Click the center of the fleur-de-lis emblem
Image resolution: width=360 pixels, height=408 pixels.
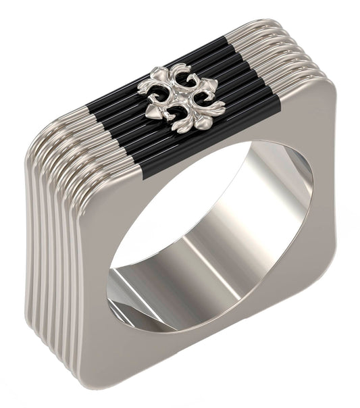(180, 97)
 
